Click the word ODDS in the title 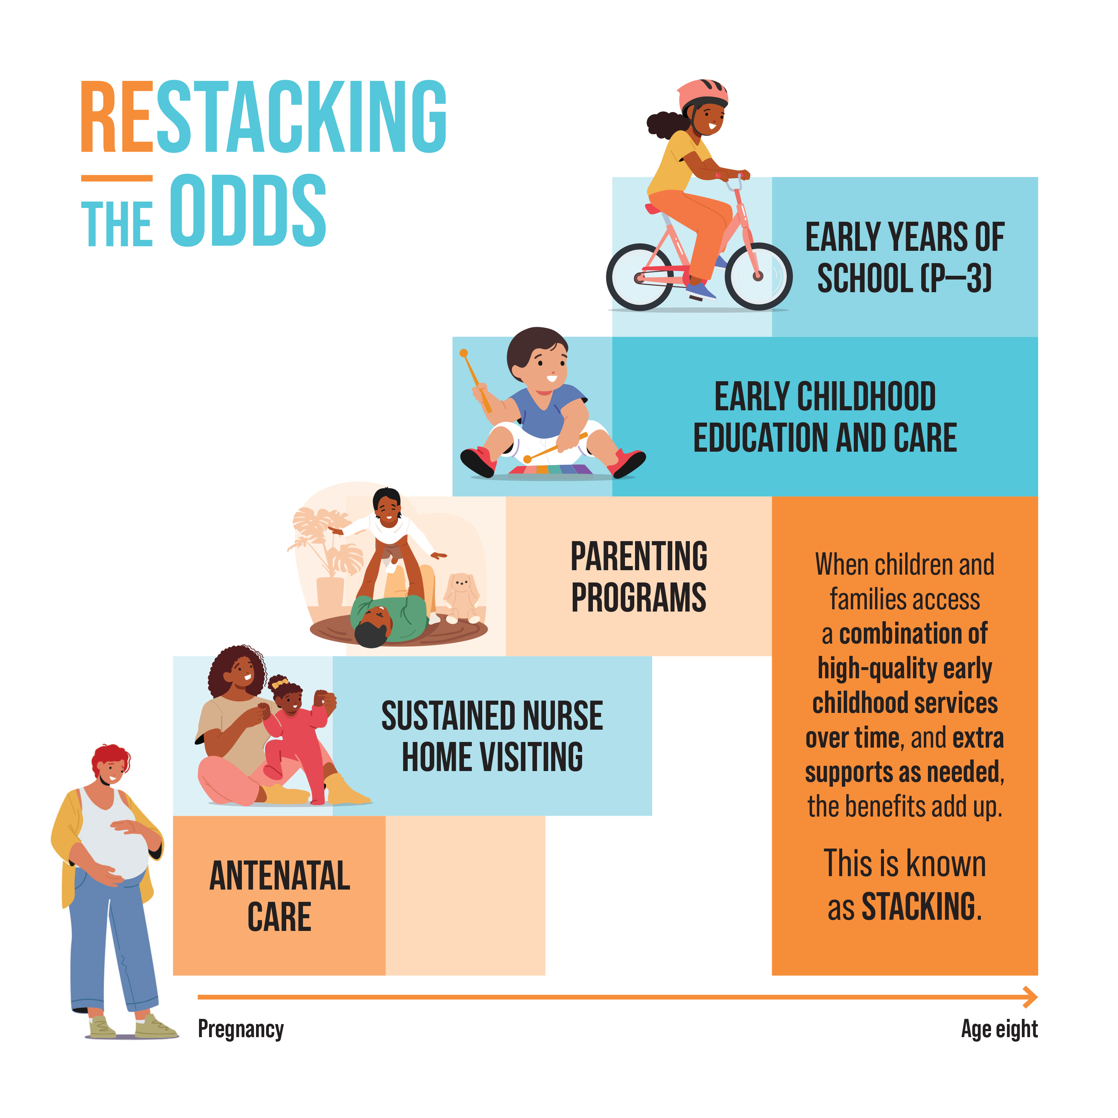[248, 211]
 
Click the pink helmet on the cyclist [702, 95]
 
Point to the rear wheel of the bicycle [640, 277]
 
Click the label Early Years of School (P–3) [904, 258]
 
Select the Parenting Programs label [639, 577]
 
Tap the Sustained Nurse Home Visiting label [492, 736]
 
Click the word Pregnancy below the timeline [241, 1029]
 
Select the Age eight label [999, 1029]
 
